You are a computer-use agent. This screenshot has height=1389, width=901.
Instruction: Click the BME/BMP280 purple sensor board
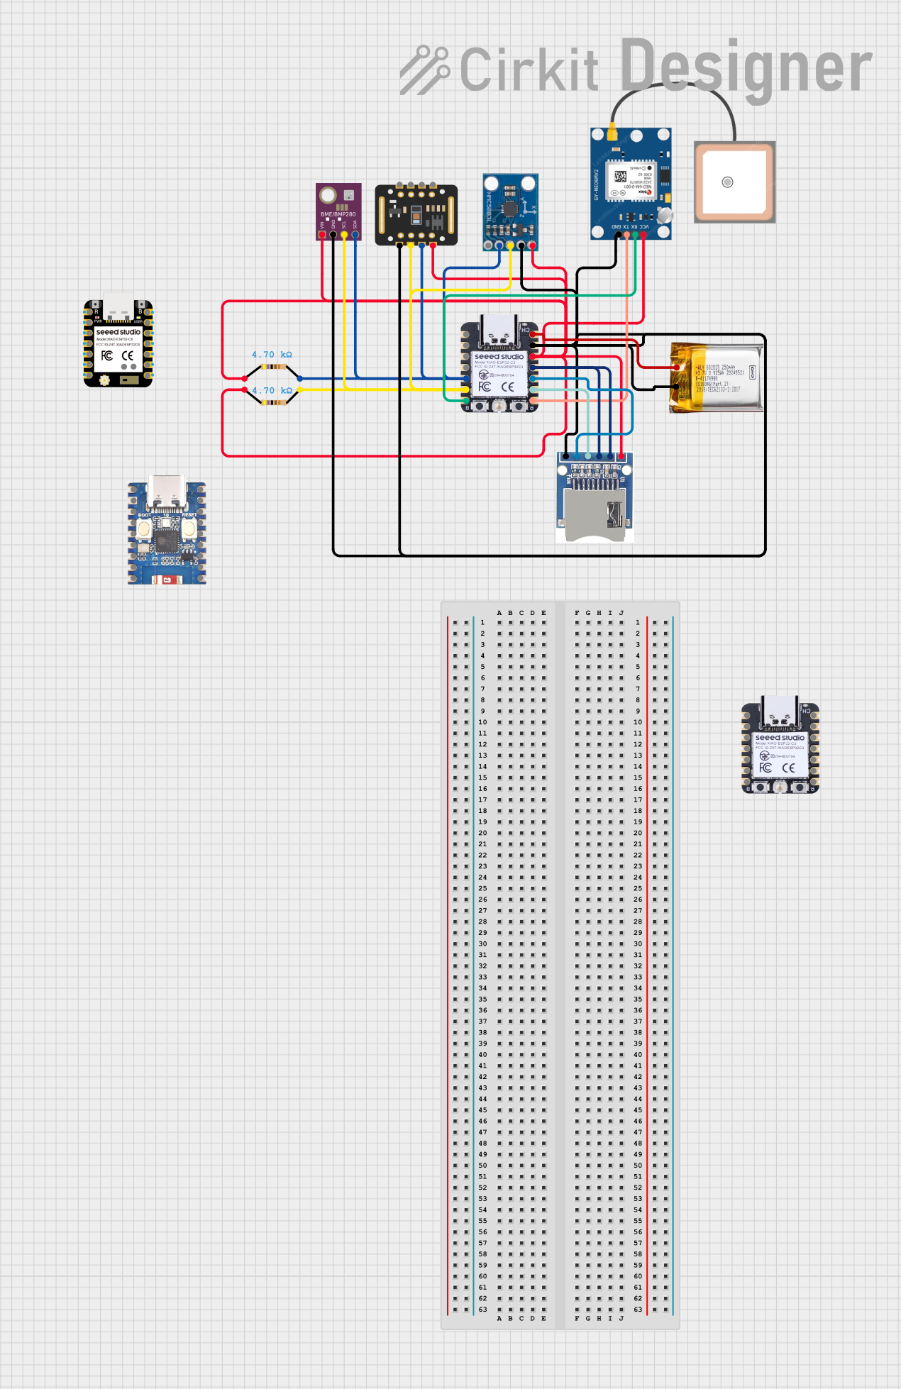click(x=338, y=210)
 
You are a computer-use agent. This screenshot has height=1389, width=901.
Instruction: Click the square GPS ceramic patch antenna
click(x=734, y=182)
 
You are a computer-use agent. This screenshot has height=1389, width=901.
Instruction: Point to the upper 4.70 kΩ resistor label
click(x=272, y=354)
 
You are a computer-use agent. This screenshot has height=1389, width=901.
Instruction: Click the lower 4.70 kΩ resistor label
click(x=272, y=390)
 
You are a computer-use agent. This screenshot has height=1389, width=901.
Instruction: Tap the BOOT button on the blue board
click(x=144, y=529)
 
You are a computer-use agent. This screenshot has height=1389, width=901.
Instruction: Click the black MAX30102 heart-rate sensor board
click(x=416, y=214)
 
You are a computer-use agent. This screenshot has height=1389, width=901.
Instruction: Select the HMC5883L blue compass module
click(x=510, y=211)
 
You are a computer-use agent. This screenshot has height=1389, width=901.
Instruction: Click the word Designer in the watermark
click(x=746, y=67)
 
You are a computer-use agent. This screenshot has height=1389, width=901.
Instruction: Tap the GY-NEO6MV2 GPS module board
click(x=631, y=183)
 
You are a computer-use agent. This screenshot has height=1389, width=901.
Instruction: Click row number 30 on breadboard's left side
click(x=482, y=943)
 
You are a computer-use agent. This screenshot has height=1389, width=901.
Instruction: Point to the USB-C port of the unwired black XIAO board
click(x=118, y=306)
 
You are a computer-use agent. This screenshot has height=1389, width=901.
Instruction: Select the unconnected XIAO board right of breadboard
click(x=780, y=748)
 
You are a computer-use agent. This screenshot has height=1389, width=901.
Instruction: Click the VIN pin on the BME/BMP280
click(x=322, y=233)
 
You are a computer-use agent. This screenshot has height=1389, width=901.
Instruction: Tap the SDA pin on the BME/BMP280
click(x=355, y=233)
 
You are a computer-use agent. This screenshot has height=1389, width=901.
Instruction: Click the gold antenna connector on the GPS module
click(x=611, y=133)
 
